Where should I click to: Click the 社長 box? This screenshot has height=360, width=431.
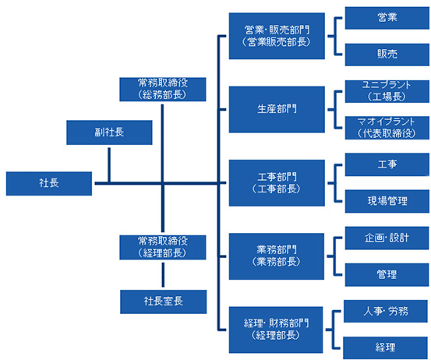pos(49,184)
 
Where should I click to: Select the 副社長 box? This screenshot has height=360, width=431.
pos(109,132)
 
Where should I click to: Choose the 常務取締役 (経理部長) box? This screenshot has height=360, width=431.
pos(162,247)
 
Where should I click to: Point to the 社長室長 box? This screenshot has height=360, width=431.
pos(163,301)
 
